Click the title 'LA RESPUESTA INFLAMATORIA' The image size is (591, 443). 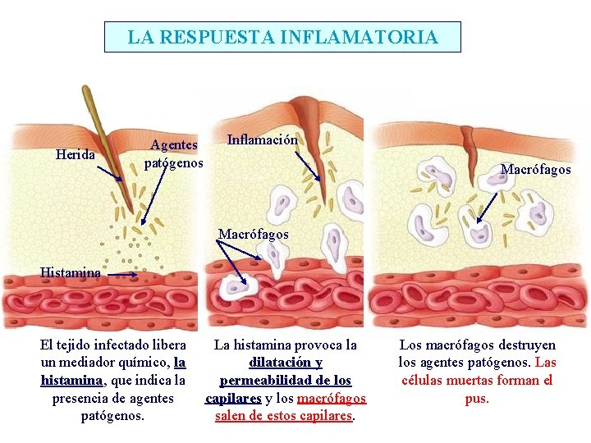click(x=282, y=37)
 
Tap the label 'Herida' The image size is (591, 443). click(x=76, y=154)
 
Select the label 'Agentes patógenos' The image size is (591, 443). click(x=173, y=153)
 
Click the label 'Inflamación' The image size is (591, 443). click(x=262, y=140)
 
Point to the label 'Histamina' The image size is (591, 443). click(x=71, y=272)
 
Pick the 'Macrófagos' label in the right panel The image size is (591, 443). click(x=535, y=170)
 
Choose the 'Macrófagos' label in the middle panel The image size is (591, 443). click(x=254, y=235)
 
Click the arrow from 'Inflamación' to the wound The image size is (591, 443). click(x=309, y=164)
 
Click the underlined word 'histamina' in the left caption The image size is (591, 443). click(x=71, y=381)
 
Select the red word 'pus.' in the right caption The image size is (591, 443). click(x=477, y=399)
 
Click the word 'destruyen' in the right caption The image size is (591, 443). click(x=528, y=345)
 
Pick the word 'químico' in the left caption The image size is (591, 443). click(x=146, y=363)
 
